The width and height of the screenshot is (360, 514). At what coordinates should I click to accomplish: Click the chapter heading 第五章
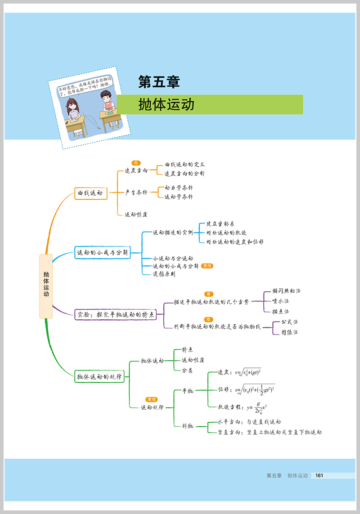(x=159, y=82)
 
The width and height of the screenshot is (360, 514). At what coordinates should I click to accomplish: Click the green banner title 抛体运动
(x=166, y=104)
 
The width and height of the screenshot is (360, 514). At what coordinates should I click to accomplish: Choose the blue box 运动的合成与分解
(x=103, y=253)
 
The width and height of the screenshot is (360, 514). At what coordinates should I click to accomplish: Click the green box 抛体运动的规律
(x=99, y=377)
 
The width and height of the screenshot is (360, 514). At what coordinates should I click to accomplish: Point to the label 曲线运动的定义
(x=184, y=165)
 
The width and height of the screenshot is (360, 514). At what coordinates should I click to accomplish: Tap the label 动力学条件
(x=179, y=188)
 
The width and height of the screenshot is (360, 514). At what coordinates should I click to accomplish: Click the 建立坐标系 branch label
(x=220, y=224)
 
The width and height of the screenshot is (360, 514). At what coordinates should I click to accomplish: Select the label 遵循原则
(x=164, y=274)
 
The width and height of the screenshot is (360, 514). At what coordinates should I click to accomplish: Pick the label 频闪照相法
(x=286, y=291)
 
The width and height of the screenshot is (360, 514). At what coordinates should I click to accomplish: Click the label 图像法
(x=289, y=332)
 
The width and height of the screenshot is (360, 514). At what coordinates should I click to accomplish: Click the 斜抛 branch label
(x=187, y=426)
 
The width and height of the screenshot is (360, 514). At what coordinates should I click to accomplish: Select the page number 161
(x=319, y=475)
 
